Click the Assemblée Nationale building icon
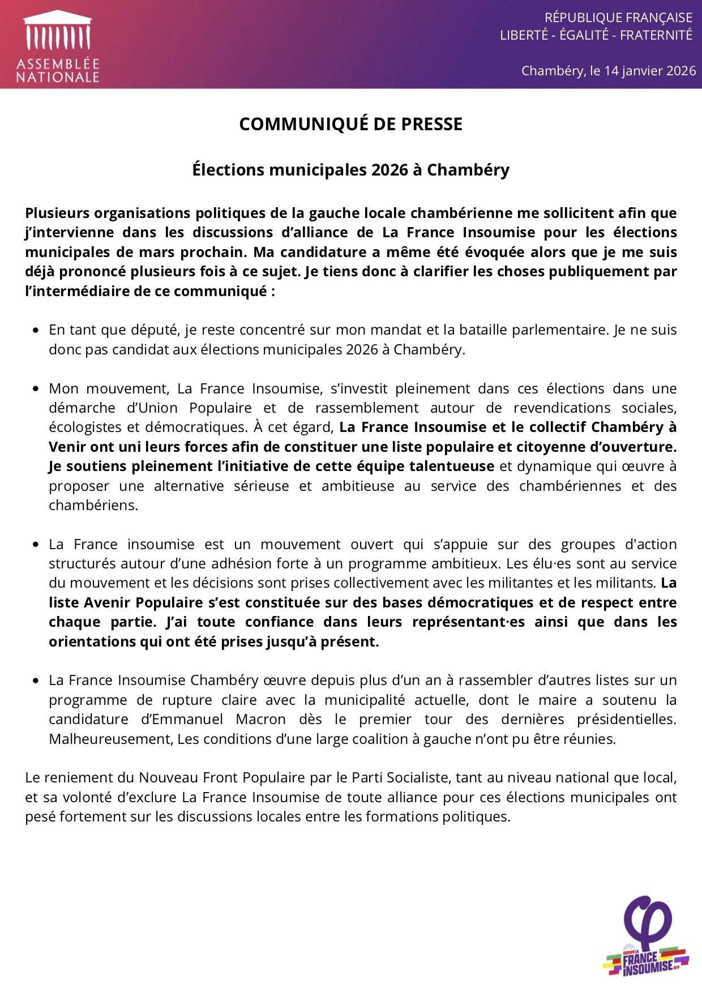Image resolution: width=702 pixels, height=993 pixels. [57, 31]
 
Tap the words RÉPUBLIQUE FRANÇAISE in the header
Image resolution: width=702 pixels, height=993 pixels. [618, 18]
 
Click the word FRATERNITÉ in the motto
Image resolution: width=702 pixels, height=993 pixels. [656, 35]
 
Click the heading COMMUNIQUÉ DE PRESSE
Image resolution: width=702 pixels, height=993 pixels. [350, 124]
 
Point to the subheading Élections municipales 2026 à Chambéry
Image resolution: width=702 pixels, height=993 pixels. [350, 170]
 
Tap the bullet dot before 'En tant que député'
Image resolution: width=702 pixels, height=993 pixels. [36, 330]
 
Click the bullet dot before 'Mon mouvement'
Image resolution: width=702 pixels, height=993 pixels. [36, 389]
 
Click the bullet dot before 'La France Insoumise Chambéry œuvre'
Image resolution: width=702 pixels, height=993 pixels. [36, 680]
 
